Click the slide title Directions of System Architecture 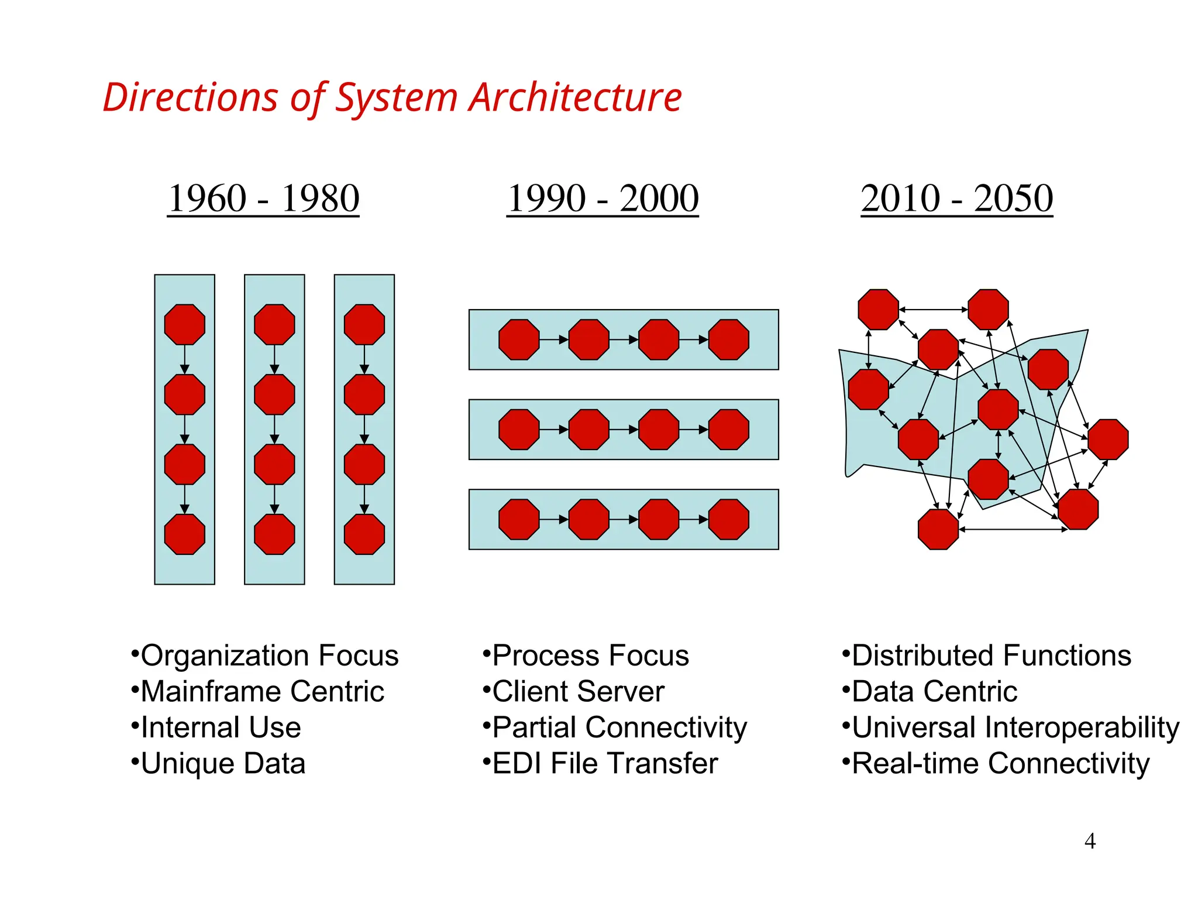(x=392, y=97)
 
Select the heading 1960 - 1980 (x=263, y=198)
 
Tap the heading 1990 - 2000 (x=603, y=198)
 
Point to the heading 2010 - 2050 (x=956, y=198)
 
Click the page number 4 (x=1090, y=841)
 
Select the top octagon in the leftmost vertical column (x=185, y=324)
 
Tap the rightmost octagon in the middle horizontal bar (x=728, y=430)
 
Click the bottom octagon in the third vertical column (x=364, y=534)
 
